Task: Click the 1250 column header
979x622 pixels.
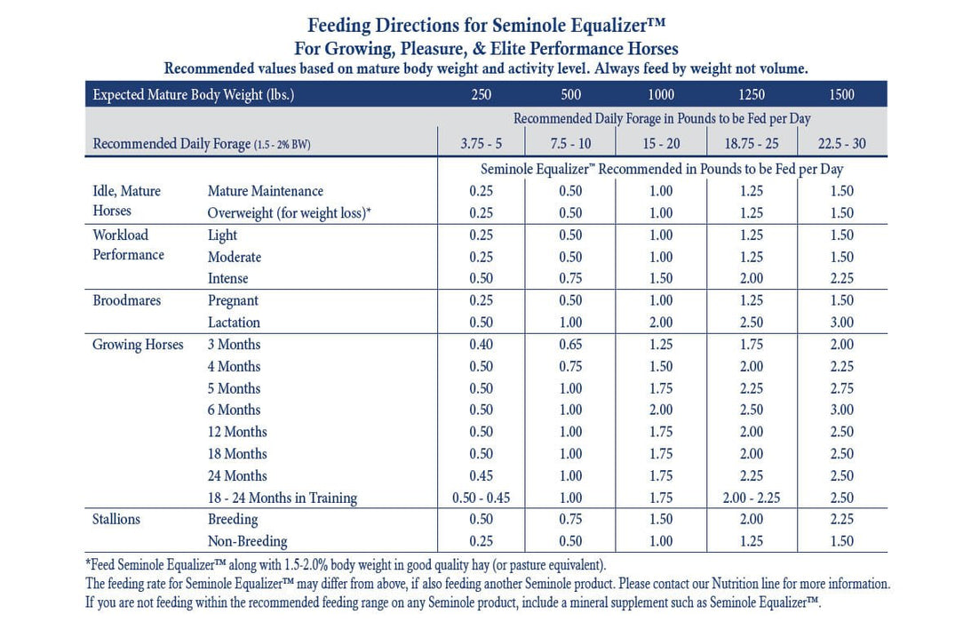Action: (752, 94)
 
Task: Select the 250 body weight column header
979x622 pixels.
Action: (481, 94)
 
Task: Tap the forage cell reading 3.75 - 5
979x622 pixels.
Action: (481, 144)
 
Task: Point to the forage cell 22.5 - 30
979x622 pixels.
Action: (841, 144)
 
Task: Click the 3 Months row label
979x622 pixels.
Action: (235, 345)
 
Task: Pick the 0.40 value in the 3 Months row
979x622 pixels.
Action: (481, 345)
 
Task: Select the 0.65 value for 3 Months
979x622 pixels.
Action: (570, 345)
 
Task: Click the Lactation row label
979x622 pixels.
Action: (234, 323)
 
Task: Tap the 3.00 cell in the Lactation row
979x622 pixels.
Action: (841, 323)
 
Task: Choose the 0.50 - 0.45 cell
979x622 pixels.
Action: (481, 498)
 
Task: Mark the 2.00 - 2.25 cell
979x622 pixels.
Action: (752, 498)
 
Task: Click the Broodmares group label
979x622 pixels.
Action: (127, 301)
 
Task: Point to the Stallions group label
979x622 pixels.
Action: (116, 520)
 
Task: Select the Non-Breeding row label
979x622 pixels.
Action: (248, 541)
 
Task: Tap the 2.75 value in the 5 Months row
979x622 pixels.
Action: (841, 388)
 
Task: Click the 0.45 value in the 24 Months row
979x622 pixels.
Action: (481, 476)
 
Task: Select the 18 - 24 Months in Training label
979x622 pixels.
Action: (283, 498)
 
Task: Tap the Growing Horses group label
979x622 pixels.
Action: (138, 345)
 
